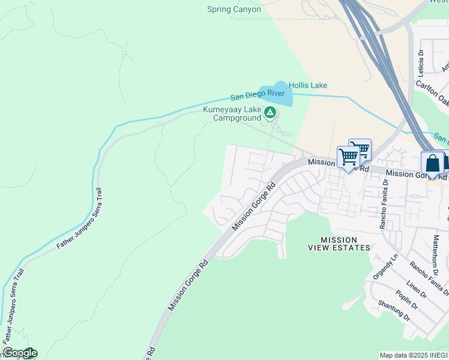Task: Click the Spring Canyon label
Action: coord(234,9)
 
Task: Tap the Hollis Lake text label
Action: coord(308,85)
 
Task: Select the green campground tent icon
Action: coord(271,112)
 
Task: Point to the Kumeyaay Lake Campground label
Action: coord(232,114)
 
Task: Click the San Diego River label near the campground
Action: coord(258,95)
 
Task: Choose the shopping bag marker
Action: coord(432,163)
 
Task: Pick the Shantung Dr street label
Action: coord(394,310)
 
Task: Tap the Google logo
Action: coord(19,353)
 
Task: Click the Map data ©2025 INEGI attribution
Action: coord(414,355)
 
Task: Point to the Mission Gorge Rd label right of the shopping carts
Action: coord(417,175)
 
